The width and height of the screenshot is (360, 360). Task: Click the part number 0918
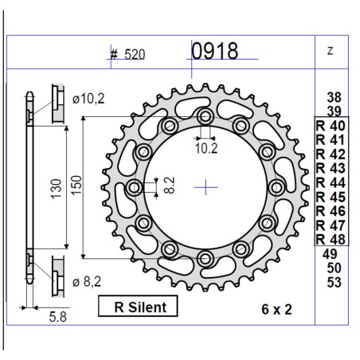pyautogui.click(x=214, y=52)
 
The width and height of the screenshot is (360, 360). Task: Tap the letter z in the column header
pyautogui.click(x=330, y=51)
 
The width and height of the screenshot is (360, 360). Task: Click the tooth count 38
pyautogui.click(x=334, y=97)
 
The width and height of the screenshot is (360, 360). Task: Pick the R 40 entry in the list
pyautogui.click(x=331, y=126)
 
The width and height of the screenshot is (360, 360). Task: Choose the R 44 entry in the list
pyautogui.click(x=331, y=182)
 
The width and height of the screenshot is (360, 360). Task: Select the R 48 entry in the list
pyautogui.click(x=331, y=239)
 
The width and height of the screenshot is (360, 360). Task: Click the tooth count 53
pyautogui.click(x=334, y=281)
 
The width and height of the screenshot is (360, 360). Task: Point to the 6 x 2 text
pyautogui.click(x=275, y=308)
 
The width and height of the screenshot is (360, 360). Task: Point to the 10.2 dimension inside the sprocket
pyautogui.click(x=205, y=147)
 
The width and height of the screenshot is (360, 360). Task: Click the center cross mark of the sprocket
pyautogui.click(x=205, y=188)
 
